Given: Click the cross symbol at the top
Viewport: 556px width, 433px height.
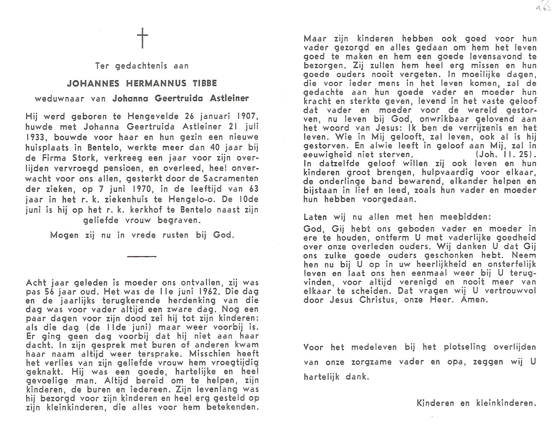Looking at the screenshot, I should pos(142,38).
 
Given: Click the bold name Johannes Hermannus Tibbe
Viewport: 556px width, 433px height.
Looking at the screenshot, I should pos(142,83).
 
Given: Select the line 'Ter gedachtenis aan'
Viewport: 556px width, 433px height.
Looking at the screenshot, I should pos(142,66).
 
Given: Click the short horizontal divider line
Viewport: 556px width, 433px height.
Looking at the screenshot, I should pos(142,257).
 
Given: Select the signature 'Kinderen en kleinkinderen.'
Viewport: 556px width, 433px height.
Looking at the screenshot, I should pos(476,403).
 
